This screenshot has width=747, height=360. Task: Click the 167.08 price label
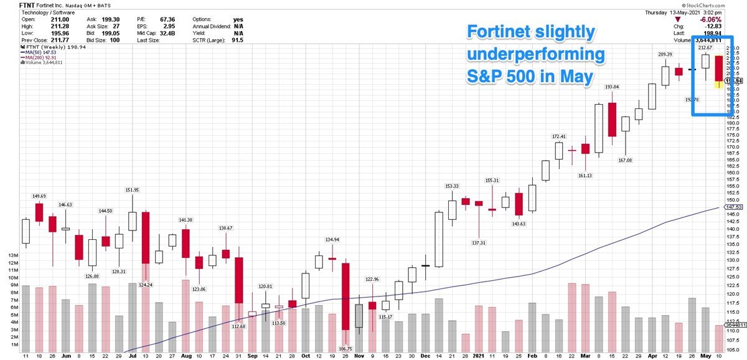[624, 160]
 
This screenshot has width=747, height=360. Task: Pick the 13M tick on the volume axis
[12, 255]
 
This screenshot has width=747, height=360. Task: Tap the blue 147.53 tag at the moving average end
[734, 207]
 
